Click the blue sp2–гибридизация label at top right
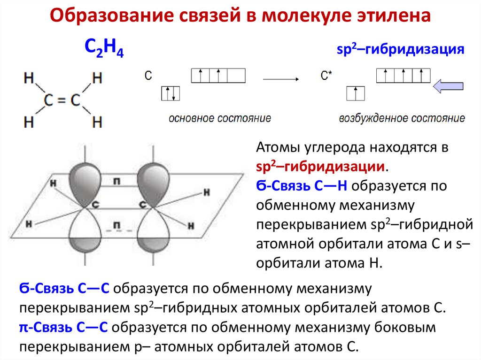400,50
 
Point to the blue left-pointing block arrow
448,86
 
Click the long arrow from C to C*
280,79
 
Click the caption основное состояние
220,118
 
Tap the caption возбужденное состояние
402,118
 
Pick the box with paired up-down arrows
170,94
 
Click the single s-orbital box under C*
355,93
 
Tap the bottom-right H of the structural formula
97,123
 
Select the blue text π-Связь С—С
64,327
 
